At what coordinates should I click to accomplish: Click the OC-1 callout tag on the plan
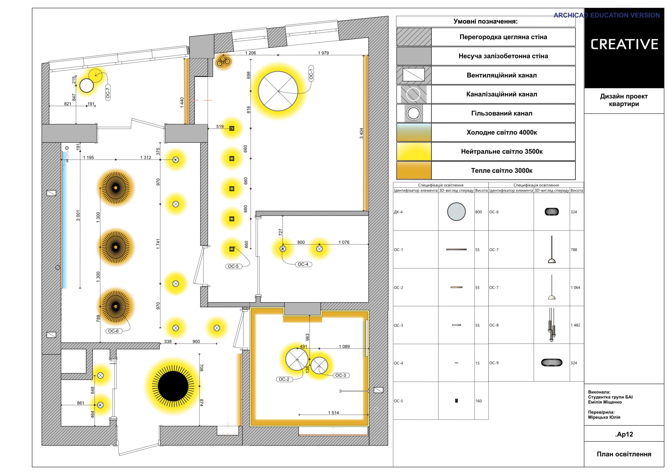click(311, 73)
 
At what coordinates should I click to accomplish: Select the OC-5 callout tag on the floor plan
click(233, 266)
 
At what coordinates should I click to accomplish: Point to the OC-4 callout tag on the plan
click(303, 264)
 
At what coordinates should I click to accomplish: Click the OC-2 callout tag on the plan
click(284, 379)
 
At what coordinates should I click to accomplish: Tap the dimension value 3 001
click(78, 215)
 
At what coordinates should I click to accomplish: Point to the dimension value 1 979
click(323, 53)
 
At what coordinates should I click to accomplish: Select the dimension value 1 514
click(333, 413)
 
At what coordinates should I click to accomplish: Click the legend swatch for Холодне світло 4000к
click(414, 133)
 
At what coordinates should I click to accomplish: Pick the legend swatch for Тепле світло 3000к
click(414, 171)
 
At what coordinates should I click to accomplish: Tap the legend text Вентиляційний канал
click(502, 75)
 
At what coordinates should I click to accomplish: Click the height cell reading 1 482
click(575, 325)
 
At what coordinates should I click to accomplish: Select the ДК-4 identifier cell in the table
click(398, 212)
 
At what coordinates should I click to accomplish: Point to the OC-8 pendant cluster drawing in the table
click(552, 325)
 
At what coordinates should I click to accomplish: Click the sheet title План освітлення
click(624, 454)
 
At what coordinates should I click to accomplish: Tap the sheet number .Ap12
click(624, 434)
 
